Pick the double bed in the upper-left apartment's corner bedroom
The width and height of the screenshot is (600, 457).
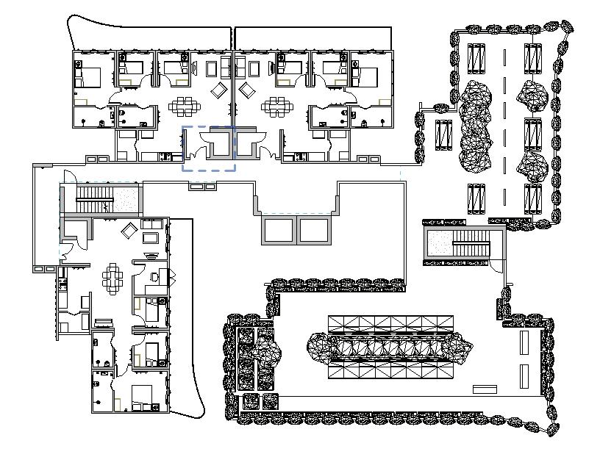click(89, 76)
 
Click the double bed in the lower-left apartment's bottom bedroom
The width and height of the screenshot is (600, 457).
click(142, 397)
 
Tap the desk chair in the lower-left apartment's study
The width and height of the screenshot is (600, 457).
click(153, 277)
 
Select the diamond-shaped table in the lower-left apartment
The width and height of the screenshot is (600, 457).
click(129, 231)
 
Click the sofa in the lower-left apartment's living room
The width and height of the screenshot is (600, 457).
click(154, 223)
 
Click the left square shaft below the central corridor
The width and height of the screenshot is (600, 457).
click(279, 231)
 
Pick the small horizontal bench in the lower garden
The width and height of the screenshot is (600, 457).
click(485, 388)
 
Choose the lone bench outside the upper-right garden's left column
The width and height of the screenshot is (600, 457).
click(443, 134)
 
